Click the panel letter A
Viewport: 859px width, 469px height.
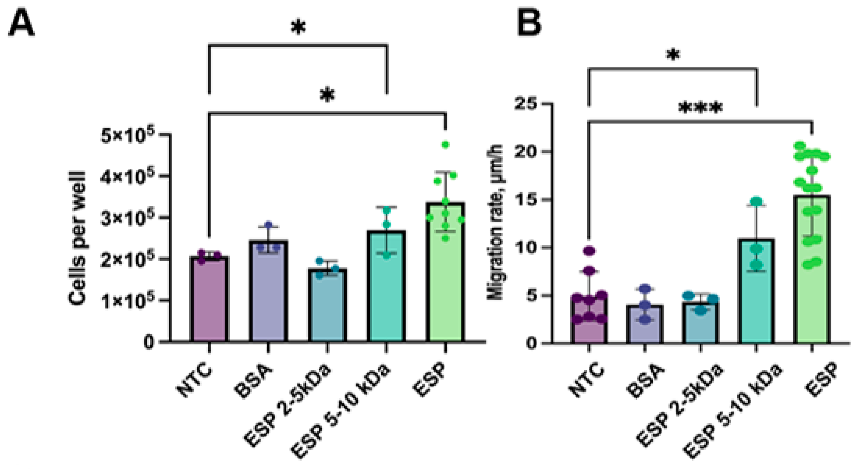point(21,23)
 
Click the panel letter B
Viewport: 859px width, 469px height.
point(529,23)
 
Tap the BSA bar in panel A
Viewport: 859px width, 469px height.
point(268,293)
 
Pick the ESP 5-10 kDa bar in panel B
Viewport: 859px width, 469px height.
point(756,293)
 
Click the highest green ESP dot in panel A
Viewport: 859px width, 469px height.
point(445,144)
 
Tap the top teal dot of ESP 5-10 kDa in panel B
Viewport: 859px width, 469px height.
point(756,201)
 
